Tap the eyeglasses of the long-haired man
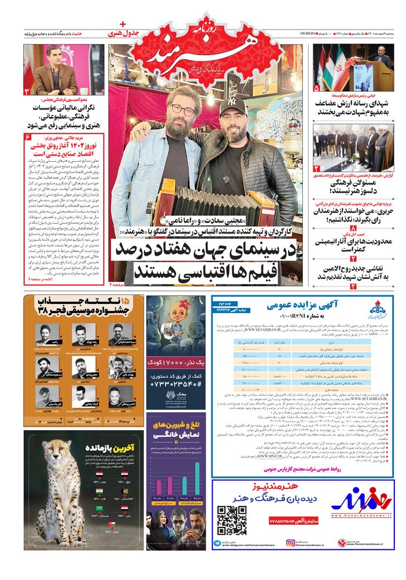tap(182, 109)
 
